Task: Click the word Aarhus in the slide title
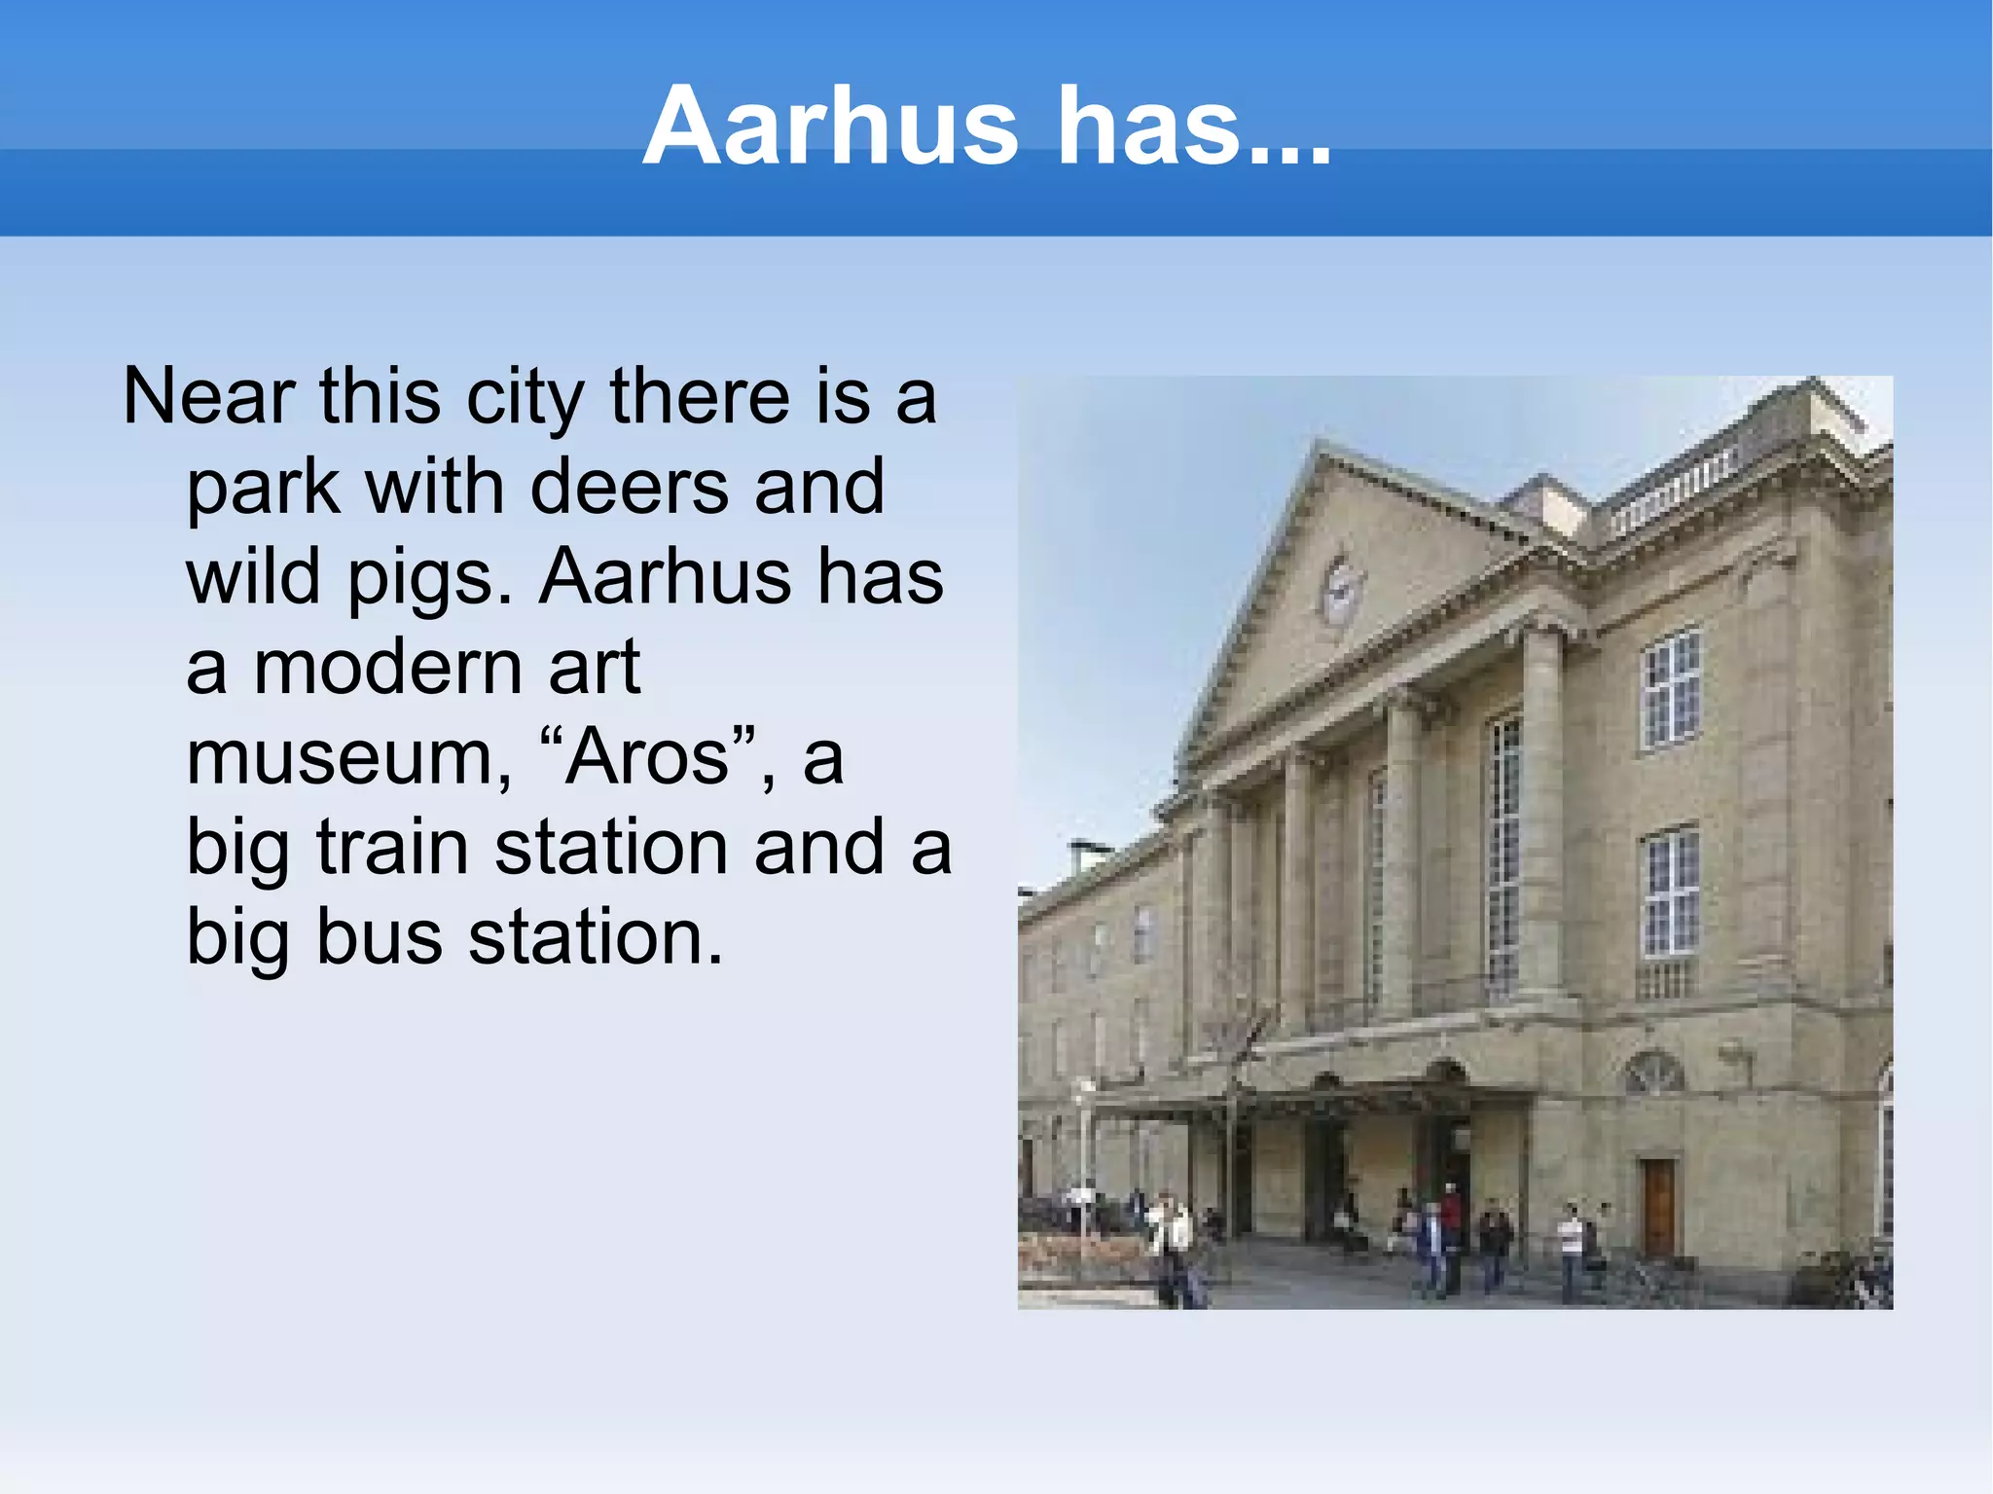click(x=830, y=128)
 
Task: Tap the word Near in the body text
click(x=208, y=397)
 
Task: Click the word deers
click(x=629, y=487)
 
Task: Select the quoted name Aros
click(x=647, y=757)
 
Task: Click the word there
click(x=700, y=397)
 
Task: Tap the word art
click(x=594, y=668)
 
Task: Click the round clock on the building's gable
click(x=1341, y=590)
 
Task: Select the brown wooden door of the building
click(x=1658, y=1207)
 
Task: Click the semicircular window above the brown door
click(x=1653, y=1074)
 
